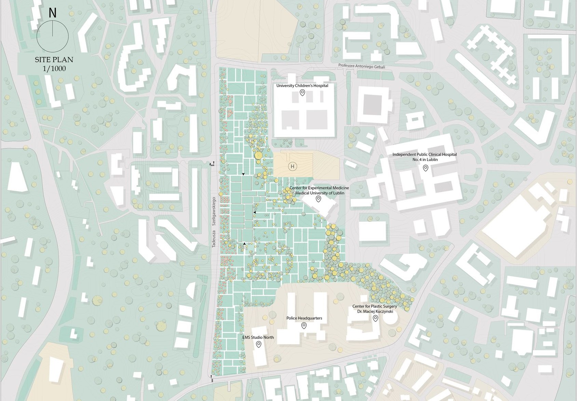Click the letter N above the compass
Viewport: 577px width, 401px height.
coord(52,13)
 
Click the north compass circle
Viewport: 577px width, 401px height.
coord(53,36)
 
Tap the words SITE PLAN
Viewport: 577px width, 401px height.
coord(54,59)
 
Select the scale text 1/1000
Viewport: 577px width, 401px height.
coord(54,69)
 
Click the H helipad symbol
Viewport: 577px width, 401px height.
coord(292,167)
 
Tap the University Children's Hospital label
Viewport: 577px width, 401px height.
coord(302,86)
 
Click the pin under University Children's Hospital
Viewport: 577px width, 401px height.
coord(302,92)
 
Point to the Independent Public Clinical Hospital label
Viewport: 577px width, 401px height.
coord(425,157)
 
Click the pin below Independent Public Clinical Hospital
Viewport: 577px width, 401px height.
coord(426,168)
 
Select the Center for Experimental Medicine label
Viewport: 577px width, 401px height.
coord(319,188)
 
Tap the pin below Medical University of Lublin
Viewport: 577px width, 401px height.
coord(318,199)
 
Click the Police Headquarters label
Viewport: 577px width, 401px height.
coord(304,318)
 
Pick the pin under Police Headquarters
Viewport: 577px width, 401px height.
coord(304,326)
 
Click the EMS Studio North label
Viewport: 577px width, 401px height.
coord(258,337)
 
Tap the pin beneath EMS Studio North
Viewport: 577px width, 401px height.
coord(259,344)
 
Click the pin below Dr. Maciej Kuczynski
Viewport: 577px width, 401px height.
coord(375,318)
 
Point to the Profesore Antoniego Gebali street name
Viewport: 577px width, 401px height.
coord(361,66)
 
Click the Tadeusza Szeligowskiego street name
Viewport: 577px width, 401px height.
coord(214,222)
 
